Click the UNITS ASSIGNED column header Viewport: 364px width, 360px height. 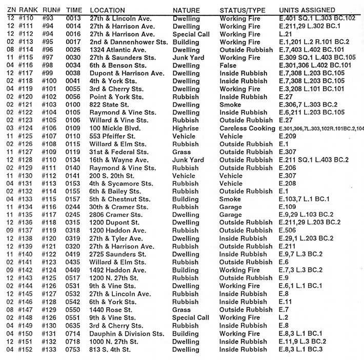click(307, 10)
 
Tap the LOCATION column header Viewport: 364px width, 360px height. click(107, 10)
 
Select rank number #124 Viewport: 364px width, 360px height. click(25, 128)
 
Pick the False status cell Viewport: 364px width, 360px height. click(228, 66)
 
